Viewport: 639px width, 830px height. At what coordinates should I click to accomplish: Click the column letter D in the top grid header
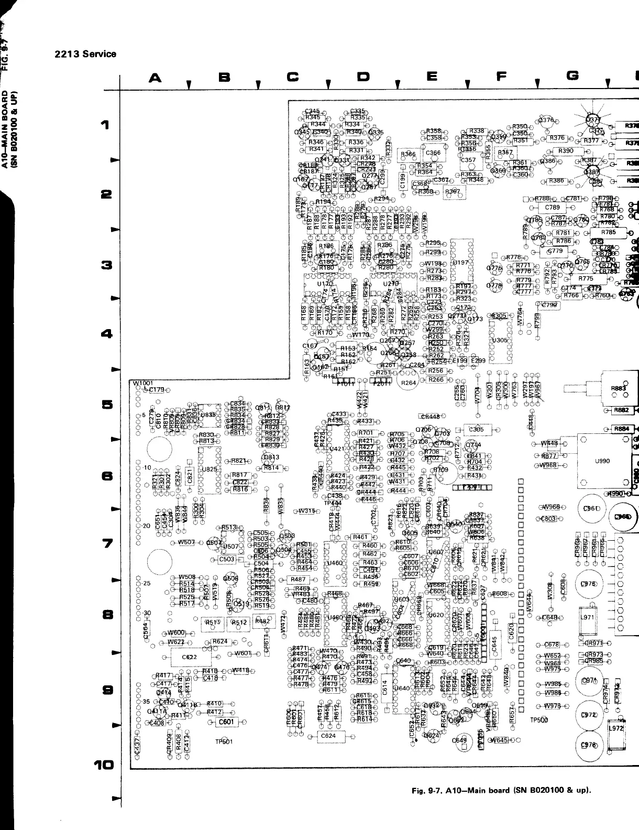362,77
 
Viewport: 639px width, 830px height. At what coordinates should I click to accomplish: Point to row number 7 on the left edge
107,544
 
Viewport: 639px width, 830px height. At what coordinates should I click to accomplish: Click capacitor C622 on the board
190,657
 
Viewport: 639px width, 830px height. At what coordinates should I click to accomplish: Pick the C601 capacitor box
226,722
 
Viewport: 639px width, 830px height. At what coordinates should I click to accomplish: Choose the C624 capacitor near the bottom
328,736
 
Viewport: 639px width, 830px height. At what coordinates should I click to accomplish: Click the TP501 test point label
224,741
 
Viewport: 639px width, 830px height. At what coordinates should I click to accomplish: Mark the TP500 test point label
538,720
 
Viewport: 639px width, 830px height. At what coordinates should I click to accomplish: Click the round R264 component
408,383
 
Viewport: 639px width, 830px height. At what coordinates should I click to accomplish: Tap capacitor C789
553,207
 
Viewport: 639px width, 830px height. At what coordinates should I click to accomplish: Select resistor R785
608,232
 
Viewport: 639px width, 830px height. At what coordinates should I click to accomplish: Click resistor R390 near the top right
566,151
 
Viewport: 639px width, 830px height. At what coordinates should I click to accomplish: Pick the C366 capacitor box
433,153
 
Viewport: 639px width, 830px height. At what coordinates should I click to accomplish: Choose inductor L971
588,617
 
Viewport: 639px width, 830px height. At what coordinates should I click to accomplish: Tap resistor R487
298,580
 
